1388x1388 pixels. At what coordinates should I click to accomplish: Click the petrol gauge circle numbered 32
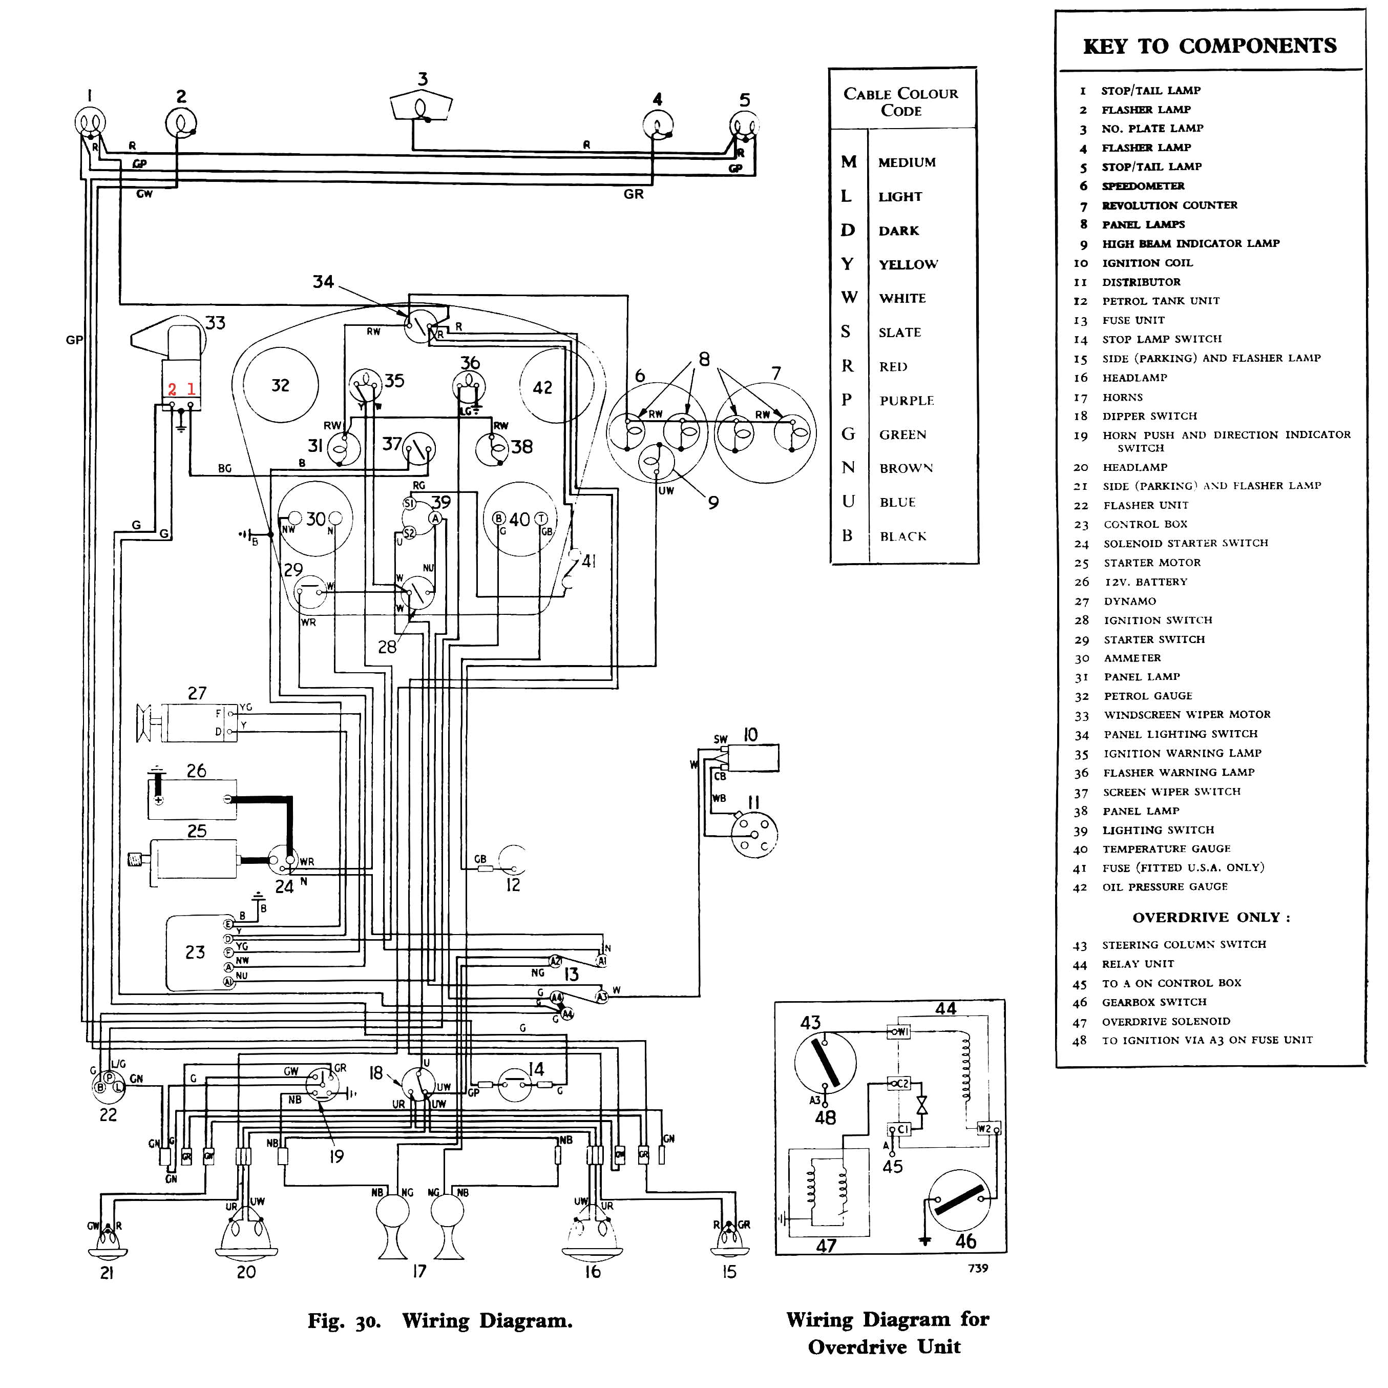pos(280,385)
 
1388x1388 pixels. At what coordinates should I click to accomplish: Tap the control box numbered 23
pos(196,953)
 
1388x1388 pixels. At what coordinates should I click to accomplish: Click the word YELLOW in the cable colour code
pos(908,264)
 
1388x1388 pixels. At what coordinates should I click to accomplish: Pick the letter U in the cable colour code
pos(849,501)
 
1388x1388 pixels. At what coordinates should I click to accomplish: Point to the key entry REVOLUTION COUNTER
pos(1170,205)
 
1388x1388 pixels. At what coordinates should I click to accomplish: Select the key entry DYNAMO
pos(1129,601)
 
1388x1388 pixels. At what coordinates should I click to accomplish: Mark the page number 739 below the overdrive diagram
pos(978,1268)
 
